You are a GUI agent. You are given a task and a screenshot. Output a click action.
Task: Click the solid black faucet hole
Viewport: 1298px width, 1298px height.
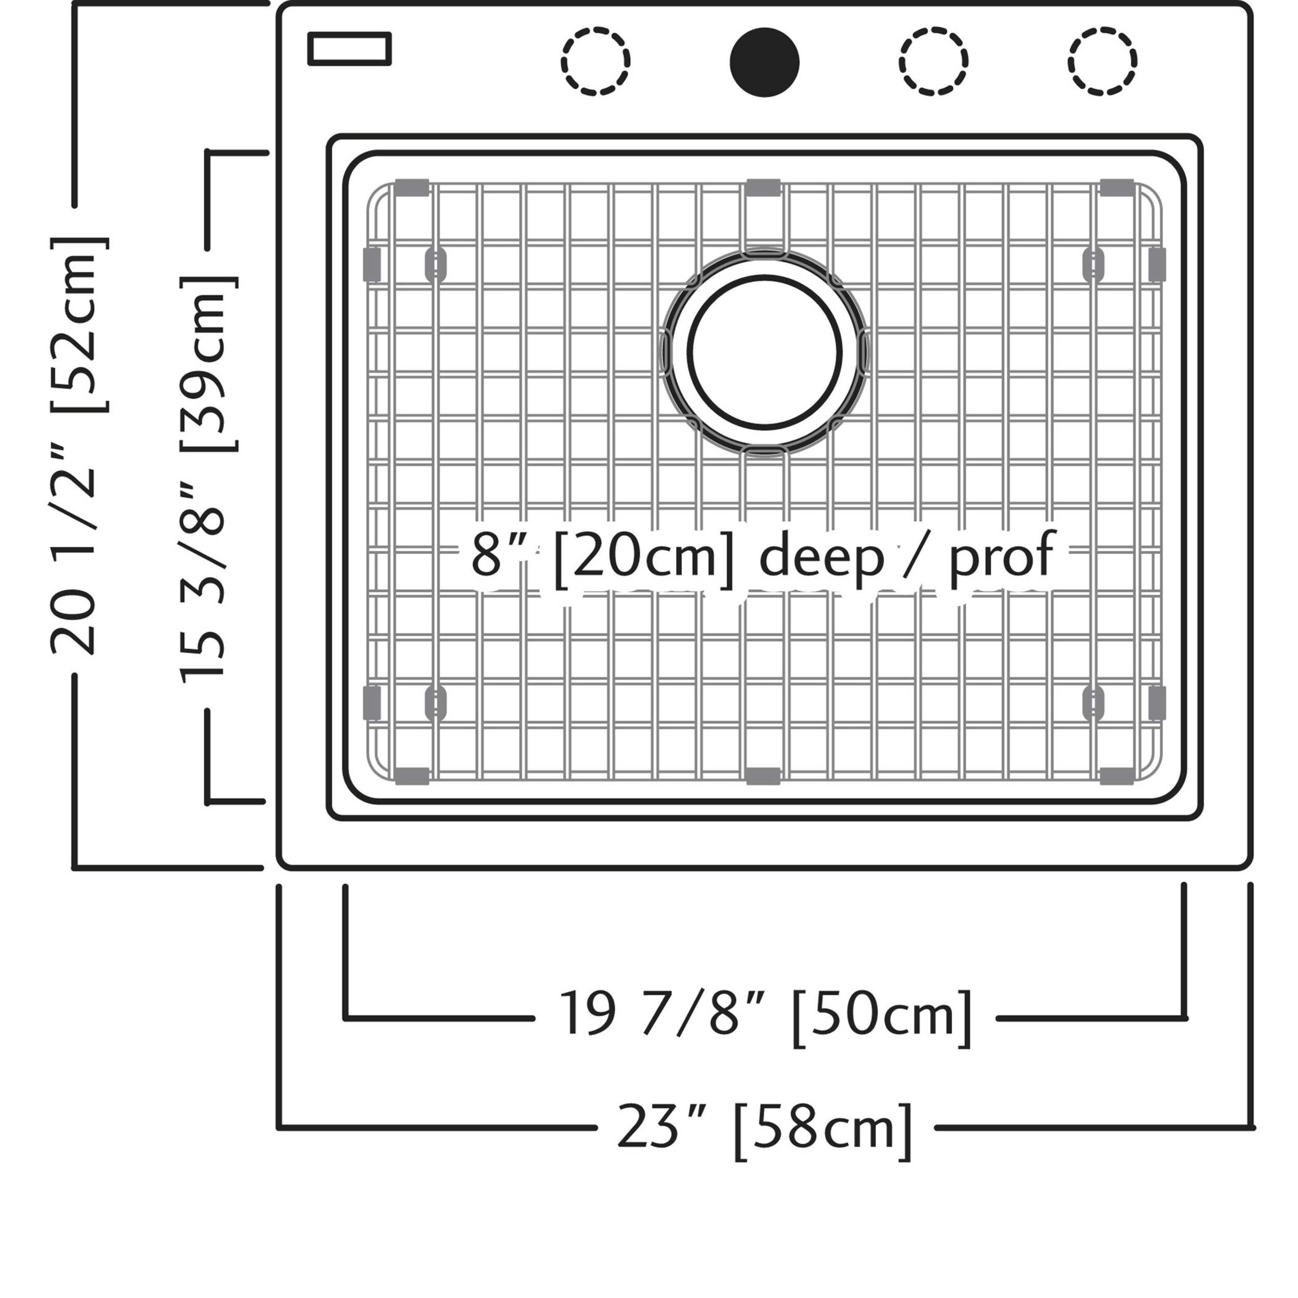point(765,62)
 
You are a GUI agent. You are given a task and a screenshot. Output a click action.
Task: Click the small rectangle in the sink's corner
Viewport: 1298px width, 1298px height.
point(349,49)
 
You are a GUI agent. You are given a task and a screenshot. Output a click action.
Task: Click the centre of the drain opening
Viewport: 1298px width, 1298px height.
point(765,351)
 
